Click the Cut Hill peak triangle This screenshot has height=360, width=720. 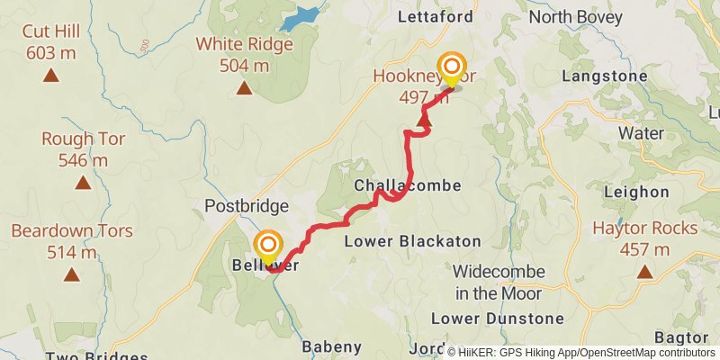tap(51, 76)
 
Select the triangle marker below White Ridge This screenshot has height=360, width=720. tap(244, 87)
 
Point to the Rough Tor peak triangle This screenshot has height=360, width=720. tap(83, 183)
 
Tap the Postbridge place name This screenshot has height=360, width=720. tap(246, 206)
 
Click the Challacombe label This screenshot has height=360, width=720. tap(408, 185)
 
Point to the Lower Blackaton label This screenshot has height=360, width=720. tap(413, 241)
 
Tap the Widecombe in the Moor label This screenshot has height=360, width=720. tap(498, 282)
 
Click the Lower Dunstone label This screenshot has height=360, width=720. tap(497, 319)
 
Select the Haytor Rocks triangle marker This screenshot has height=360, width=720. tap(644, 269)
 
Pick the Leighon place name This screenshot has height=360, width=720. tap(637, 192)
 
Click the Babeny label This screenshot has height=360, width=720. tap(331, 346)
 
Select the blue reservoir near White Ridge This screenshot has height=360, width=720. tap(300, 18)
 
